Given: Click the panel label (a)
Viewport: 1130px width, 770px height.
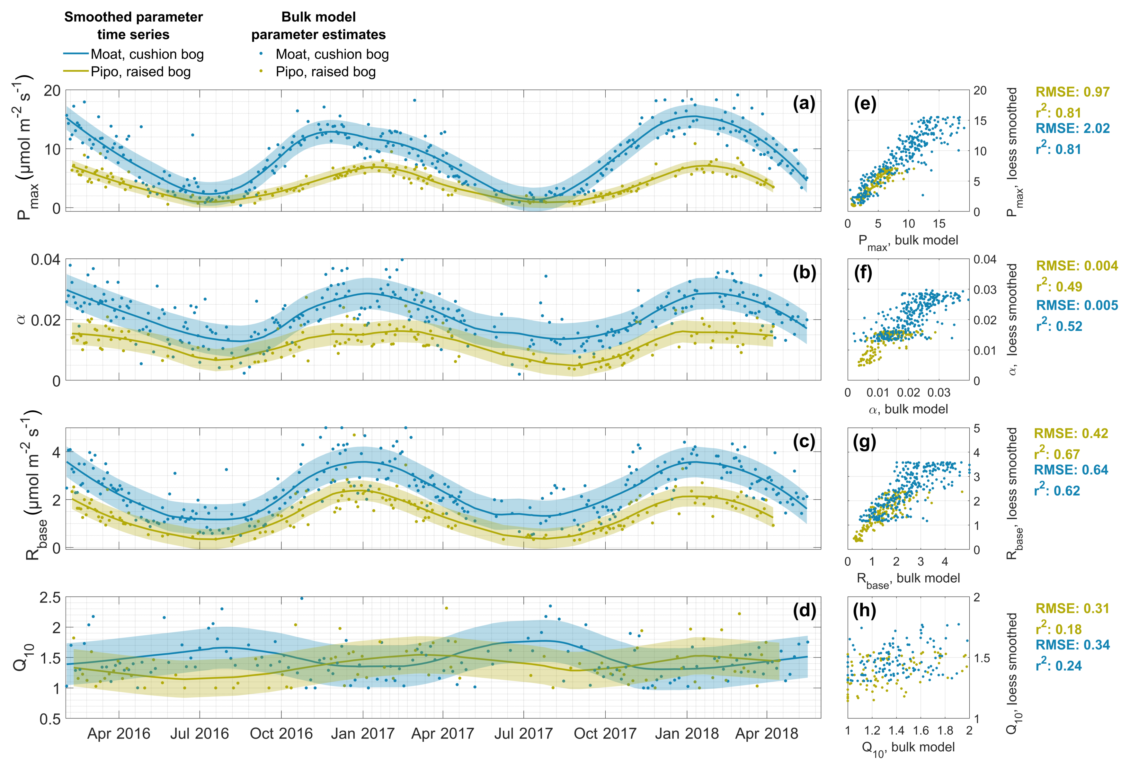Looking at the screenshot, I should [x=804, y=103].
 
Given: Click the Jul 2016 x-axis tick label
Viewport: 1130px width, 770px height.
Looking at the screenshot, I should [x=199, y=733].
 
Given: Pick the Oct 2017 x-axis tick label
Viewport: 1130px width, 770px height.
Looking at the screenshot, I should [x=605, y=733].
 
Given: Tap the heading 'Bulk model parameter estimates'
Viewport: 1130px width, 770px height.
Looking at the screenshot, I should [x=318, y=26].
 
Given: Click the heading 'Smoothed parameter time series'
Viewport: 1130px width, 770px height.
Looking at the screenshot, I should [x=133, y=26].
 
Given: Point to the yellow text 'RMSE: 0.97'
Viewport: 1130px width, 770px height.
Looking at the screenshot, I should [x=1072, y=92].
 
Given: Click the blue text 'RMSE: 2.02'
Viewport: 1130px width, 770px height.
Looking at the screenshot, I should [x=1072, y=129].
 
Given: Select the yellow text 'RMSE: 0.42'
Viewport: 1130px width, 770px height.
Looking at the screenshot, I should [x=1071, y=434].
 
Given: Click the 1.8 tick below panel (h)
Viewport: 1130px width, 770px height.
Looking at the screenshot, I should [x=945, y=730].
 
